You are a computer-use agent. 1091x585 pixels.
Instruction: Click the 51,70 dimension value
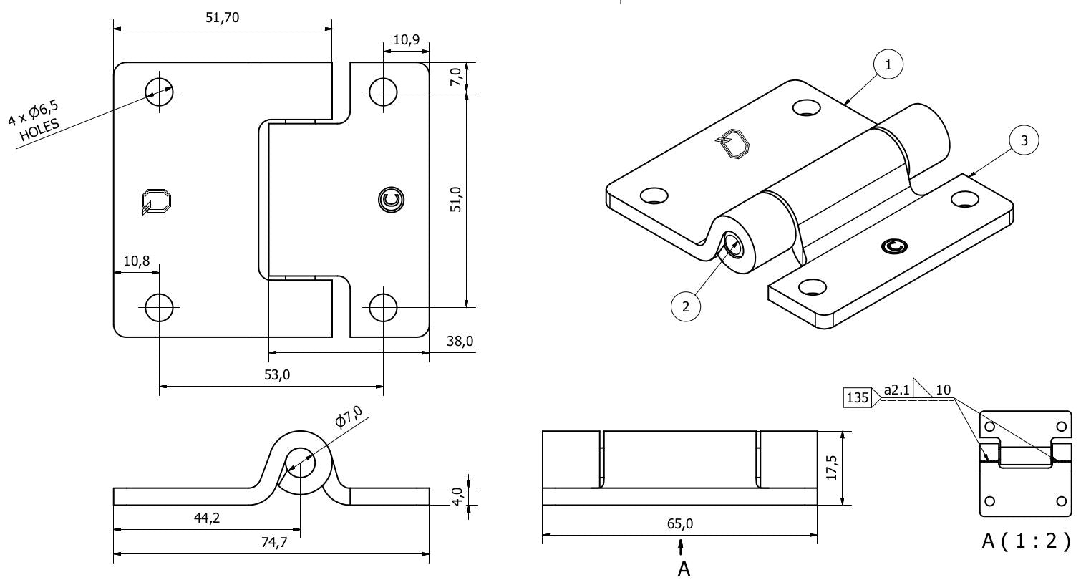coord(222,19)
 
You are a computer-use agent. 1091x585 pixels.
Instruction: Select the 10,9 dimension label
coord(407,40)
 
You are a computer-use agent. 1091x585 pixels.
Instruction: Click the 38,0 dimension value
coord(460,342)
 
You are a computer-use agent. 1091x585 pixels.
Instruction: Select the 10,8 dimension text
coord(136,261)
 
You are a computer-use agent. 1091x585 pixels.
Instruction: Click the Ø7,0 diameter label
coord(350,417)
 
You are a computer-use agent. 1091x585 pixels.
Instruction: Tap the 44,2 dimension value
coord(207,518)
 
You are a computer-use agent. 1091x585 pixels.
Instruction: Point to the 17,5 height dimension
coord(831,468)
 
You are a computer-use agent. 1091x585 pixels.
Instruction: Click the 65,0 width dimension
coord(679,523)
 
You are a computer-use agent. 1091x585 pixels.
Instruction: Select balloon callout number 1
coord(888,65)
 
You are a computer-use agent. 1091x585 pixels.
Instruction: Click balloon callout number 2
coord(686,306)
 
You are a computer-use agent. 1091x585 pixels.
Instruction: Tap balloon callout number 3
coord(1024,141)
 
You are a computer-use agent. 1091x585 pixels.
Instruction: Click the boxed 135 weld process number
coord(857,396)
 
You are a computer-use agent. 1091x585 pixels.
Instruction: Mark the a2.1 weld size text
coord(896,390)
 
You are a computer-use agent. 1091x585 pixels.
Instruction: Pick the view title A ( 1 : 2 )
coord(1026,541)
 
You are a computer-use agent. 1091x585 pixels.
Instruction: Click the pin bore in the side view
coord(301,463)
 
